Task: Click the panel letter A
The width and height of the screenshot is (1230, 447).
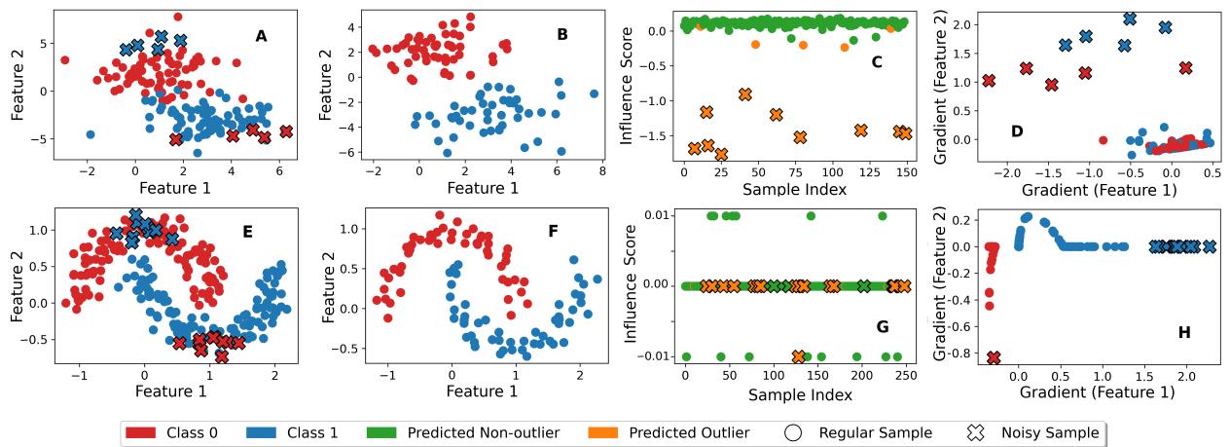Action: tap(261, 36)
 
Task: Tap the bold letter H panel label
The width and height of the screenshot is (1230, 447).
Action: tap(1184, 333)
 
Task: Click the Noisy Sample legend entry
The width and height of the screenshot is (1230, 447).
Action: tap(1037, 432)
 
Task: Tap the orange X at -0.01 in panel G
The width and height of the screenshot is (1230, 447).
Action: tap(799, 357)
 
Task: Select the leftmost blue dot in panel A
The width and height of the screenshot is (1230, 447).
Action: tap(90, 134)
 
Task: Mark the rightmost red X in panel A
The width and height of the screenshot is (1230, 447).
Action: tap(285, 131)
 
